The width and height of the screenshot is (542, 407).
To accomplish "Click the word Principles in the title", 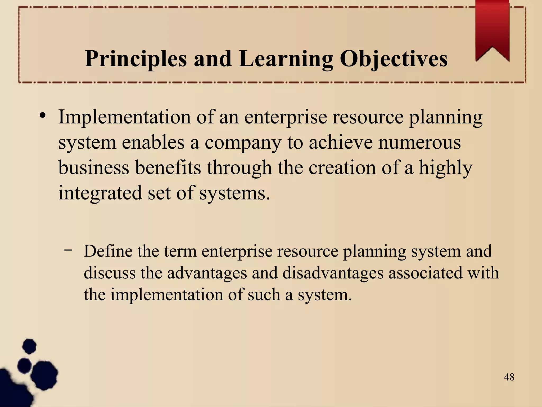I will coord(136,59).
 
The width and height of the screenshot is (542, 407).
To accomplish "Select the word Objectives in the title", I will coord(394,59).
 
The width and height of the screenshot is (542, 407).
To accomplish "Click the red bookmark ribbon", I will coord(492,29).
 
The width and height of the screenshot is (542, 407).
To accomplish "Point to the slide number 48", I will coord(509,377).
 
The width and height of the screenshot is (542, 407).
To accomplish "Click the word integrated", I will coord(100,193).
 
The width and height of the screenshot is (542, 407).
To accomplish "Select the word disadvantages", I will coord(333,273).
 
